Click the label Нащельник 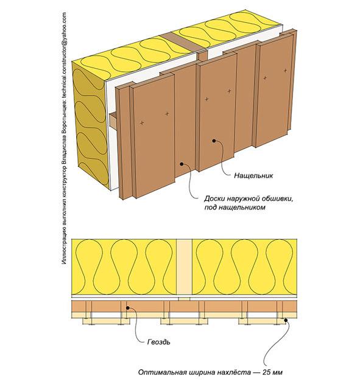(x=253, y=175)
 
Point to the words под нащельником (x=235, y=208)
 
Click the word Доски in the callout (x=214, y=199)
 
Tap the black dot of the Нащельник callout (x=214, y=141)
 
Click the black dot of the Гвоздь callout (x=127, y=308)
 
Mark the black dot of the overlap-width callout (x=286, y=320)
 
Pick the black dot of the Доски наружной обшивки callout (x=181, y=164)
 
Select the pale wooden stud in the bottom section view (x=184, y=267)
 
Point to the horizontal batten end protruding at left (x=113, y=121)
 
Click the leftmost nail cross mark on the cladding (x=142, y=123)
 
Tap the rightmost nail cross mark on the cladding (x=285, y=71)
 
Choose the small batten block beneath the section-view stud (x=184, y=299)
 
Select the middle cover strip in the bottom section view (x=185, y=321)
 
